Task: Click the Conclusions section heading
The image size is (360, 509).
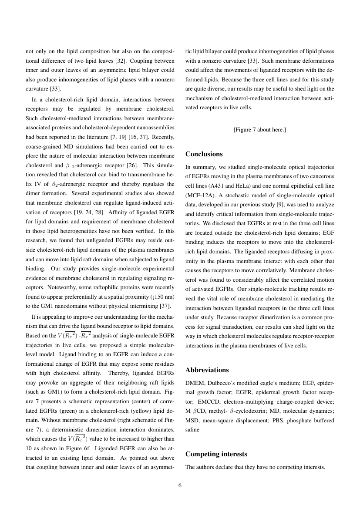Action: click(204, 154)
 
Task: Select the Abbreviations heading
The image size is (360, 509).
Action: click(207, 370)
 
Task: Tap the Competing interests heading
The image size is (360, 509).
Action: click(216, 454)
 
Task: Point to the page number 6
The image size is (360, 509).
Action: click(180, 486)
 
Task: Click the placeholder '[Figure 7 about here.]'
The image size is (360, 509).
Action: click(259, 130)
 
